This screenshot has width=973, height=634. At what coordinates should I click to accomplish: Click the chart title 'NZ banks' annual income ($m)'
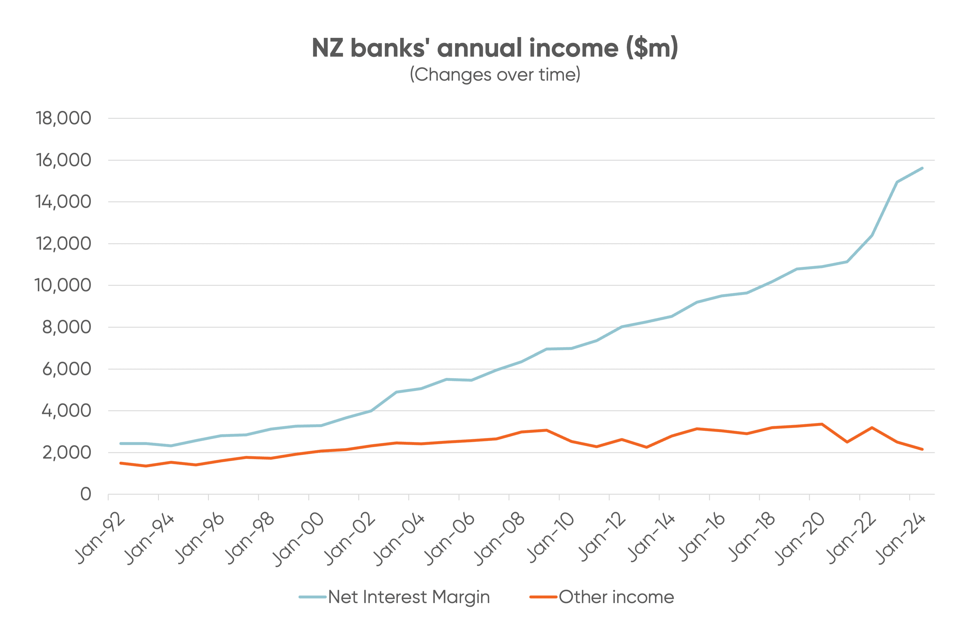tap(495, 48)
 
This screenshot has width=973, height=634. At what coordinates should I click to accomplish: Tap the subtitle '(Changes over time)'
tap(495, 75)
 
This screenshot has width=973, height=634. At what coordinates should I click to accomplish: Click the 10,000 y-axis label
tap(63, 285)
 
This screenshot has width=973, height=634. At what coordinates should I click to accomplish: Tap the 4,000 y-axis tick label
tap(66, 410)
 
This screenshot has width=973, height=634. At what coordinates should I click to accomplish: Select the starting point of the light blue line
tap(120, 444)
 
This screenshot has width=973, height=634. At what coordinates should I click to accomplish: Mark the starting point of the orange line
tap(120, 463)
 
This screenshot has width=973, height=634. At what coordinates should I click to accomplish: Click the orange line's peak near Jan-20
tap(822, 424)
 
